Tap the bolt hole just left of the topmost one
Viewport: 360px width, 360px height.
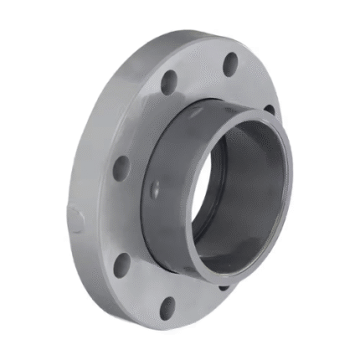tap(170, 82)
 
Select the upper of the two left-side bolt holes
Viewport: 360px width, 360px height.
tap(122, 166)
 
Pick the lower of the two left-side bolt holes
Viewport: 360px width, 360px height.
tap(122, 265)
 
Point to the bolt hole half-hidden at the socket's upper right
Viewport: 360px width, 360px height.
tap(270, 109)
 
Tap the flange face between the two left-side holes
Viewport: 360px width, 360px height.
tap(117, 216)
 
